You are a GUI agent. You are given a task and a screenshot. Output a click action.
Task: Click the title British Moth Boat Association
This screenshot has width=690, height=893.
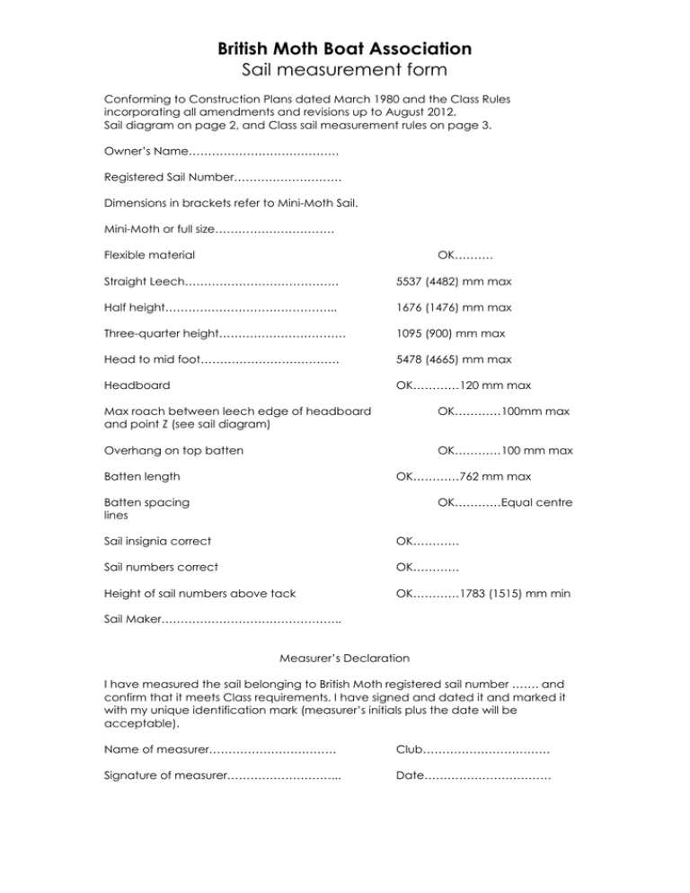tap(345, 48)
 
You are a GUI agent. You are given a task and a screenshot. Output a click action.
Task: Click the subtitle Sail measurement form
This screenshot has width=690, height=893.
tap(345, 68)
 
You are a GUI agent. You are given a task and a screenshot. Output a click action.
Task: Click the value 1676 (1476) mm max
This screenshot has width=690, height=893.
tap(454, 307)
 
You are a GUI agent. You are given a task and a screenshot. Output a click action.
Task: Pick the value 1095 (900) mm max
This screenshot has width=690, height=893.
tap(450, 333)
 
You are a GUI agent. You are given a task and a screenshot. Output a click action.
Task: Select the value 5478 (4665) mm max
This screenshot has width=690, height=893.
tap(454, 359)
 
